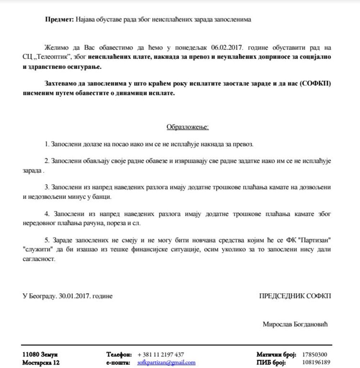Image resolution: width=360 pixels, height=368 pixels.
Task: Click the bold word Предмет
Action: [x=59, y=20]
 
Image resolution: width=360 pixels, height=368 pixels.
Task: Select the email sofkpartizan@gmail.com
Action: [x=166, y=363]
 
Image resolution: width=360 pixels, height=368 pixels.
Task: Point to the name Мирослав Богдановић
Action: [x=295, y=324]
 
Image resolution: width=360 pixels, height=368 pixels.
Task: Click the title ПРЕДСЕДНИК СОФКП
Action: [x=295, y=296]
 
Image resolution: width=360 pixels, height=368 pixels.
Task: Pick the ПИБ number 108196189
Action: [x=316, y=363]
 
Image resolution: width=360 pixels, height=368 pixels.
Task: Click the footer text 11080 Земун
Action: [x=40, y=354]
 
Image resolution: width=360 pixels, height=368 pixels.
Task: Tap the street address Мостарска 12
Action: [x=41, y=363]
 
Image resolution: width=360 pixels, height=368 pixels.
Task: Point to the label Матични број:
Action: [x=276, y=354]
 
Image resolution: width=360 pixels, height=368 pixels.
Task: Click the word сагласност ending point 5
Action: [x=39, y=259]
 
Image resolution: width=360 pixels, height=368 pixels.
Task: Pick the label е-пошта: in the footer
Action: [x=118, y=363]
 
